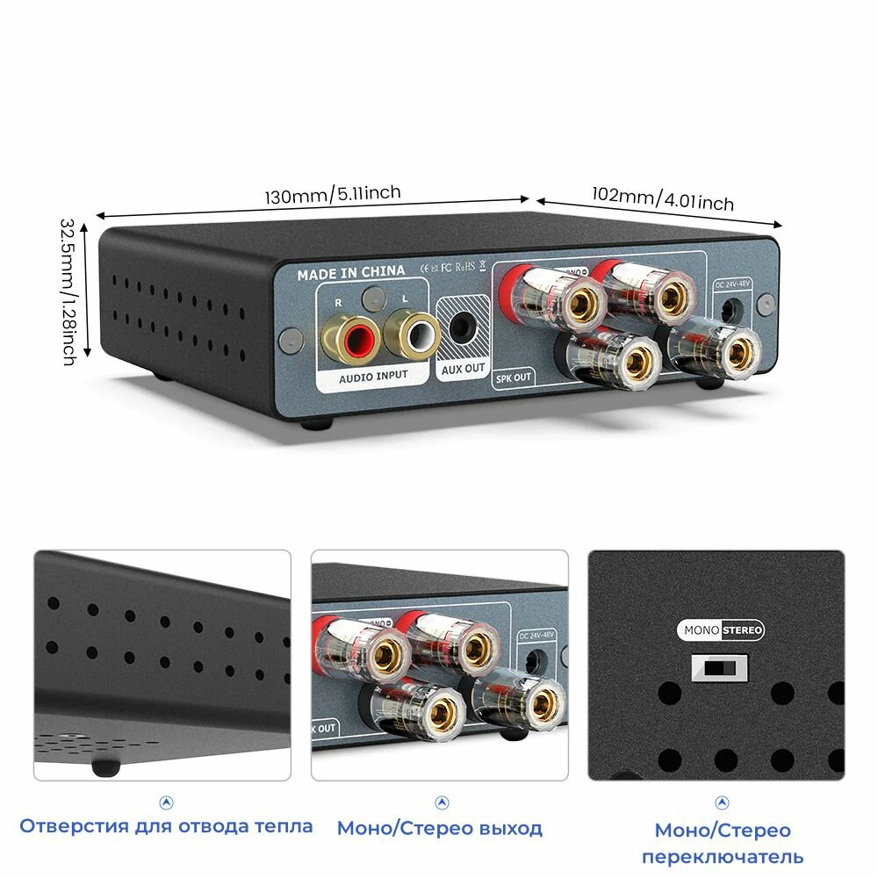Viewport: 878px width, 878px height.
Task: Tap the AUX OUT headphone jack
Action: point(463,327)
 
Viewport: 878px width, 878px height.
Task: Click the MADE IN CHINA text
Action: point(350,272)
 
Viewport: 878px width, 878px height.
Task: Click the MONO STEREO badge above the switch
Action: point(720,630)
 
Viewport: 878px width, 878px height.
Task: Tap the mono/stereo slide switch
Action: point(719,669)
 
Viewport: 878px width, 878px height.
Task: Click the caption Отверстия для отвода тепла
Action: point(166,826)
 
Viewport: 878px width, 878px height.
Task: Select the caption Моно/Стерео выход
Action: point(440,828)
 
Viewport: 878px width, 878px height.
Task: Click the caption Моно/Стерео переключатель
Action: point(722,843)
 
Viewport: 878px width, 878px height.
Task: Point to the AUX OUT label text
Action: point(463,369)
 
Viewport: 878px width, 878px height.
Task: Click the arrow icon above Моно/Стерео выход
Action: point(442,802)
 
